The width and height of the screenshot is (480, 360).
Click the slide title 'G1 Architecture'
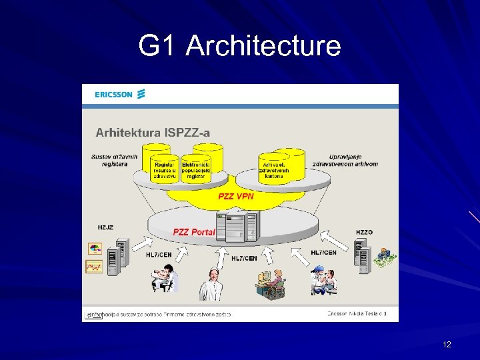(239, 46)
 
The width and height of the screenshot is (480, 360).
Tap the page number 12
(447, 344)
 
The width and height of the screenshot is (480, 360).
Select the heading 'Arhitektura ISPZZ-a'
(153, 132)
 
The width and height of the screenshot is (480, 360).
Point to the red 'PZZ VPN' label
(236, 197)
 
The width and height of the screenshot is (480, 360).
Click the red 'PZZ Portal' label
(194, 232)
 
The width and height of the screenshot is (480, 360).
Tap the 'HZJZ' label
(105, 228)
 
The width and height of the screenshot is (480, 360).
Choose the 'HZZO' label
(364, 232)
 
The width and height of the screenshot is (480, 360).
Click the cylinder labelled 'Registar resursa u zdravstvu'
(165, 167)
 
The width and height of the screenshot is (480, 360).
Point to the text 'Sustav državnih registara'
(115, 161)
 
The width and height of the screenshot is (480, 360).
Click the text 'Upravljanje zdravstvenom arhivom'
(353, 161)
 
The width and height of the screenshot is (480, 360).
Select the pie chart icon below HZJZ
(95, 249)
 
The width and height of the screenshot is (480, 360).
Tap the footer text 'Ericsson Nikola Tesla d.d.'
(357, 313)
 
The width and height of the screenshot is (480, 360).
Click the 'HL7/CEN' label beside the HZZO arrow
(323, 253)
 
